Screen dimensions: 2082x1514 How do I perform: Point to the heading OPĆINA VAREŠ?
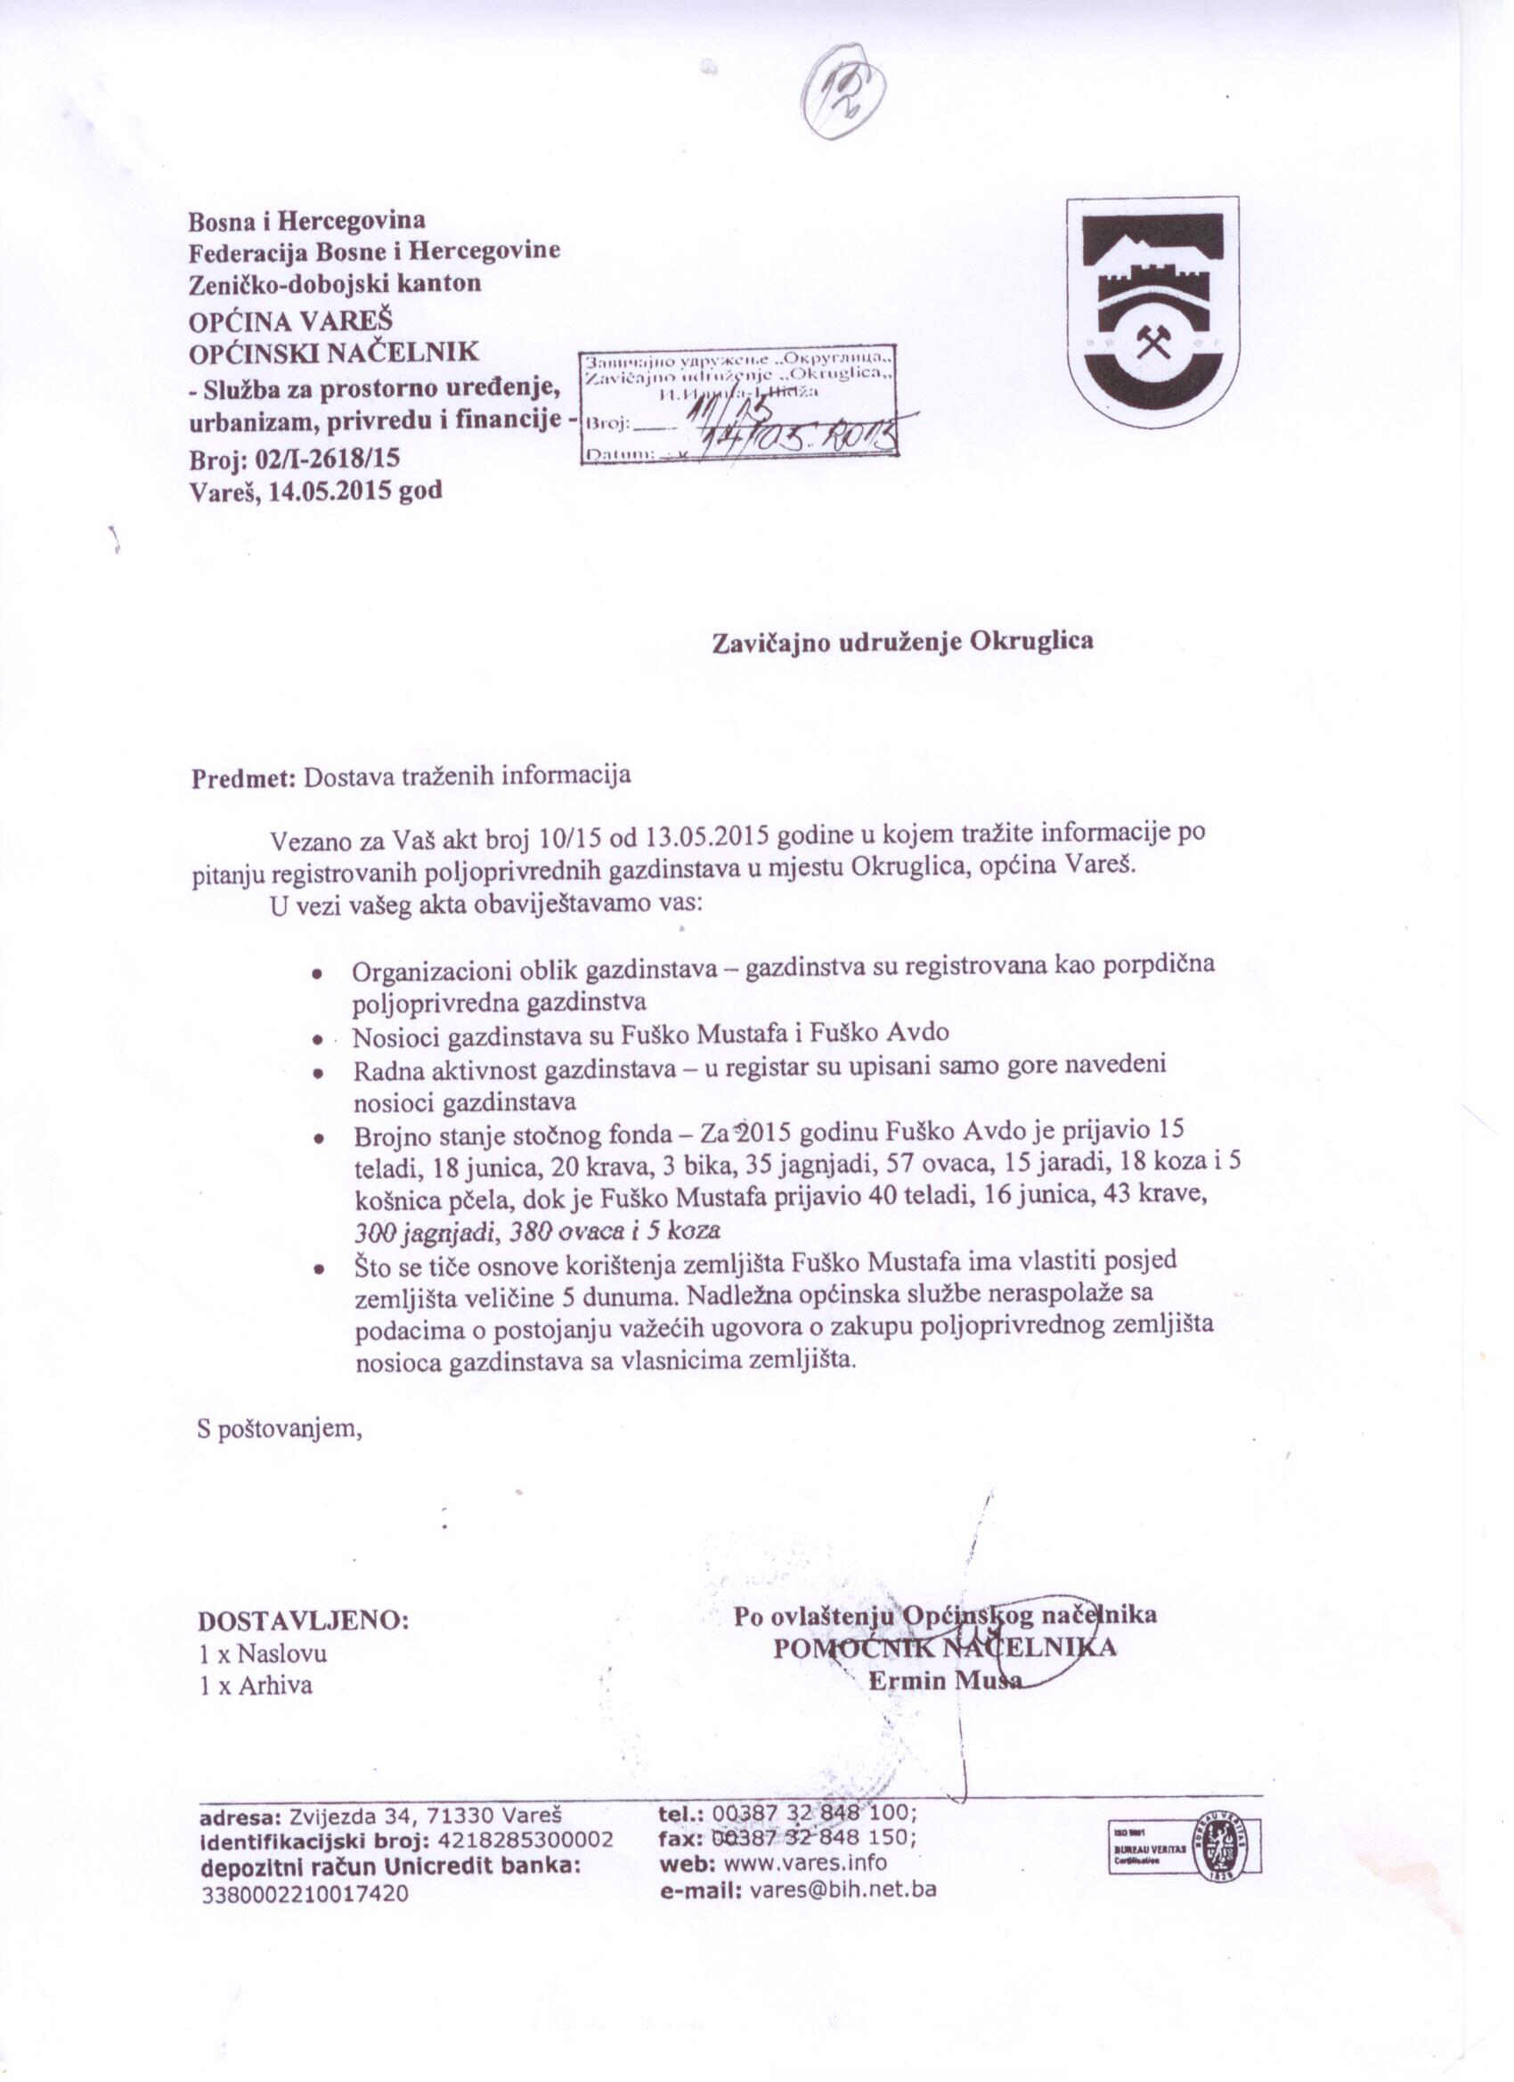coord(290,322)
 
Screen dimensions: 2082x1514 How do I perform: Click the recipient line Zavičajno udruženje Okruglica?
coord(902,641)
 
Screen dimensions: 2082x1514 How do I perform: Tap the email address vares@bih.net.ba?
coord(842,1890)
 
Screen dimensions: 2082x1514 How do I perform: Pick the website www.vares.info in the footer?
coord(805,1863)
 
